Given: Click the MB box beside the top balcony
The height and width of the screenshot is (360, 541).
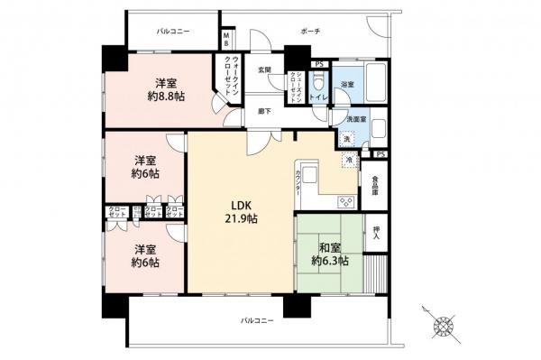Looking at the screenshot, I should pos(227,40).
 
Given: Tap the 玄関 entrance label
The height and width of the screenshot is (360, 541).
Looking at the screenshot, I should pos(265,69).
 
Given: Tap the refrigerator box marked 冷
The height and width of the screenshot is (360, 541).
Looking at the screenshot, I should pos(349,159).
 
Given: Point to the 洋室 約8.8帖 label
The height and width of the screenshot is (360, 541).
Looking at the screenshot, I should pos(163,85).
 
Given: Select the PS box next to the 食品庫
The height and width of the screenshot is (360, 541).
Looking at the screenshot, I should pos(381,154).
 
